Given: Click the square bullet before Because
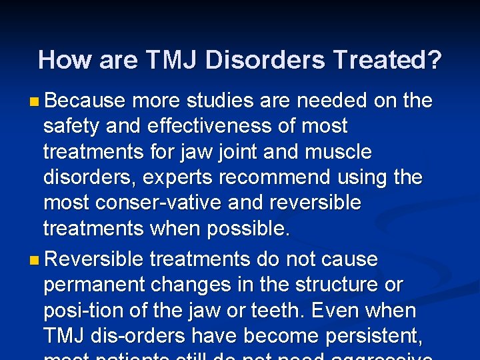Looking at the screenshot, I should click(x=34, y=102).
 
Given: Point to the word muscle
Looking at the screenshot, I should click(x=336, y=152).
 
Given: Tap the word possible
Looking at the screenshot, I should click(x=249, y=229).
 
